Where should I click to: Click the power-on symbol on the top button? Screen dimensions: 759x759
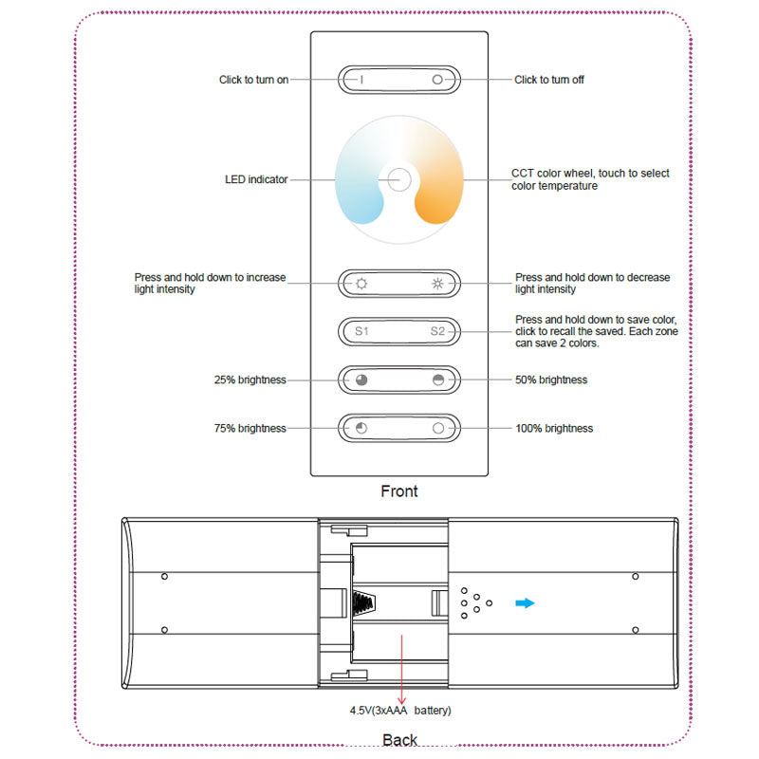pos(361,80)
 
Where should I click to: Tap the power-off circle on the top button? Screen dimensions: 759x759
pos(437,80)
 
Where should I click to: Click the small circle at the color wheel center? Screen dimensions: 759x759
pos(398,178)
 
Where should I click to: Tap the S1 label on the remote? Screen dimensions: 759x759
pos(361,331)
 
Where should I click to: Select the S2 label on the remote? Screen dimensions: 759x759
pos(437,331)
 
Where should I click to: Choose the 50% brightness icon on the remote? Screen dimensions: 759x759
pos(437,379)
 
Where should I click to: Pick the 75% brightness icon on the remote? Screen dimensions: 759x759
pos(361,428)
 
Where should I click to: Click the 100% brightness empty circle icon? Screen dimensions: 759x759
pos(437,428)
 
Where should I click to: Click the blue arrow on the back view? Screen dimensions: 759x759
pos(525,602)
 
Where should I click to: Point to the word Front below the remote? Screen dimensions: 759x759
pos(398,491)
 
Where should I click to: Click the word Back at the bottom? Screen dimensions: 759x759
pos(399,739)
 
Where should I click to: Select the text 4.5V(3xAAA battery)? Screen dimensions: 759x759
pos(400,710)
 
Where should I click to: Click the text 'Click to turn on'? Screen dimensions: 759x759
pos(253,80)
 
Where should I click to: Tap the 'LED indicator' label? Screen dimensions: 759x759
pos(255,179)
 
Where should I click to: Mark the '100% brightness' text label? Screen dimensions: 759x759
pos(553,429)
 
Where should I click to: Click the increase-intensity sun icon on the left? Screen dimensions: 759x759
pos(361,283)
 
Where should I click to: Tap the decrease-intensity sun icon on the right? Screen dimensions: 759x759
pos(437,283)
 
